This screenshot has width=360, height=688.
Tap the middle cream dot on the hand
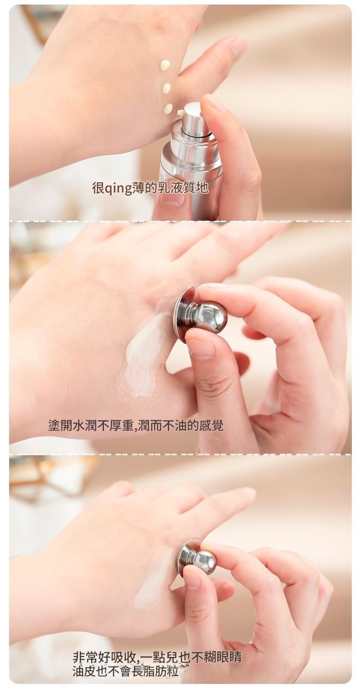coord(166,88)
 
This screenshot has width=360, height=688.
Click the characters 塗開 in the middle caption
coord(59,425)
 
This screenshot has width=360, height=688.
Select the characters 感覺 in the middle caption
coord(211,425)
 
